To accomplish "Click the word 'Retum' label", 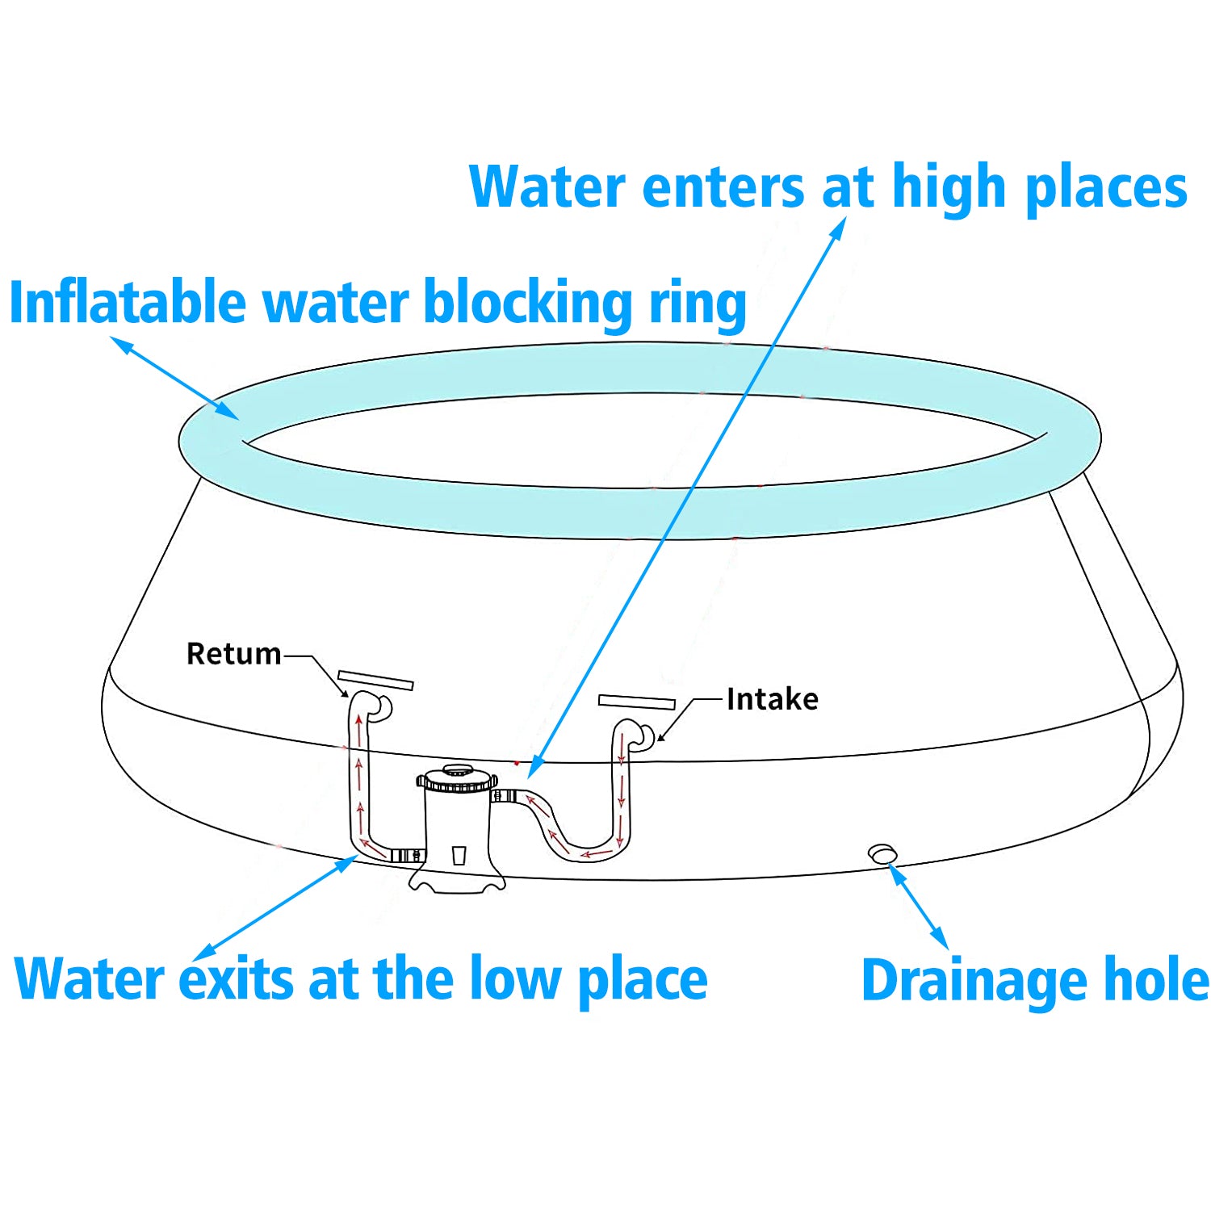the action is point(233,654).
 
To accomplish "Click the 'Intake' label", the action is point(772,699).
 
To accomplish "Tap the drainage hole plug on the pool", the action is point(882,853).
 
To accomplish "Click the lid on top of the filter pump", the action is point(457,778).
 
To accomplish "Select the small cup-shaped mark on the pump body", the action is point(459,855).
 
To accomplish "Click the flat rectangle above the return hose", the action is point(375,680).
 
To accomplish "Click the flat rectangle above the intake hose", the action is point(636,701).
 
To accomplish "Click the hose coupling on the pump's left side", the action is point(407,855).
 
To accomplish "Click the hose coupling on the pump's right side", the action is point(504,796).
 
